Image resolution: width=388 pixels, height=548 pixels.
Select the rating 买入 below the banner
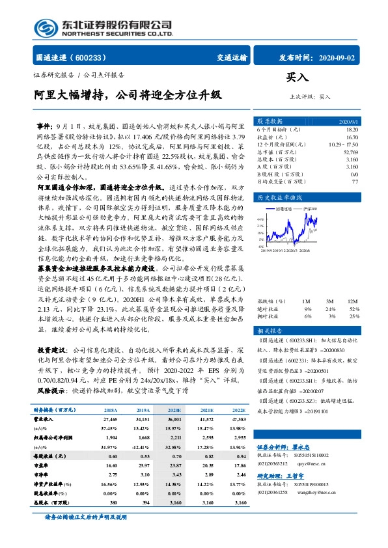(297, 77)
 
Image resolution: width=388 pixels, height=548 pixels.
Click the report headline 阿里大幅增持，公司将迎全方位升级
(128, 95)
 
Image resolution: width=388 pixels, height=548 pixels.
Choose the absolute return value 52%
(354, 290)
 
